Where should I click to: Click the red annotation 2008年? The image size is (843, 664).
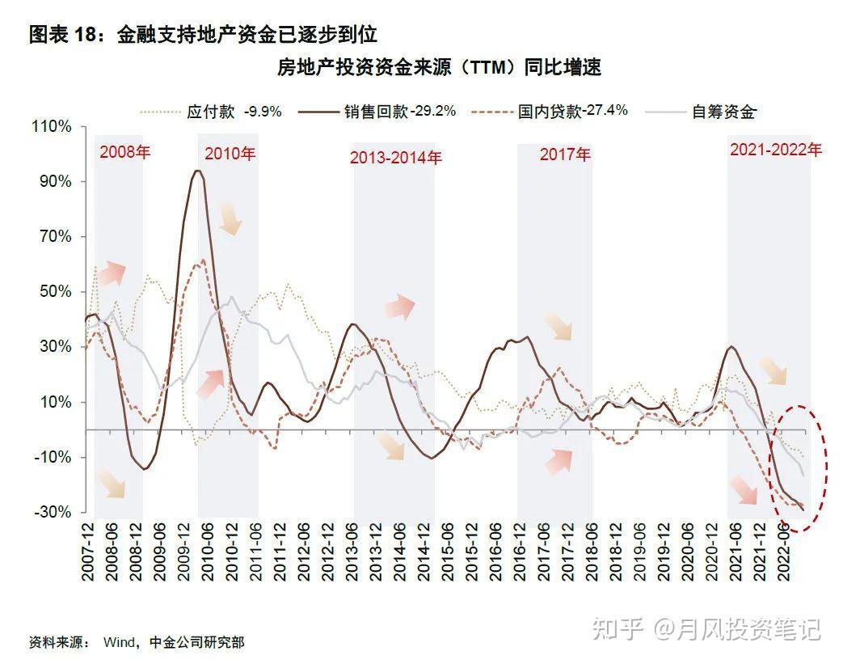point(124,153)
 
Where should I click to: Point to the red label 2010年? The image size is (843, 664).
point(230,154)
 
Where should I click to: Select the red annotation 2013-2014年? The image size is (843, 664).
point(396,159)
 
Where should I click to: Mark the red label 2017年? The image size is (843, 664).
point(565,154)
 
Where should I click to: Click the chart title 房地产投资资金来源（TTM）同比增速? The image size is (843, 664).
point(439,68)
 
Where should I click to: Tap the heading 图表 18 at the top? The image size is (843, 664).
point(203,35)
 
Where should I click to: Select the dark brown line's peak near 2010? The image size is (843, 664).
point(197,171)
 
